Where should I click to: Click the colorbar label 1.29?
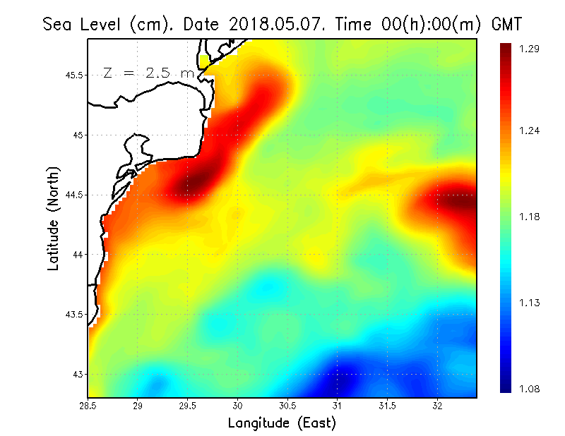pos(529,49)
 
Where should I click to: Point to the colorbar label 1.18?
pos(529,217)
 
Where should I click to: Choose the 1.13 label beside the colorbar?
pos(529,303)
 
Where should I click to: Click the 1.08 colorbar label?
pos(529,389)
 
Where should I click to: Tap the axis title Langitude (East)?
pos(282,423)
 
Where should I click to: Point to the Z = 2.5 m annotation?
pos(148,73)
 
